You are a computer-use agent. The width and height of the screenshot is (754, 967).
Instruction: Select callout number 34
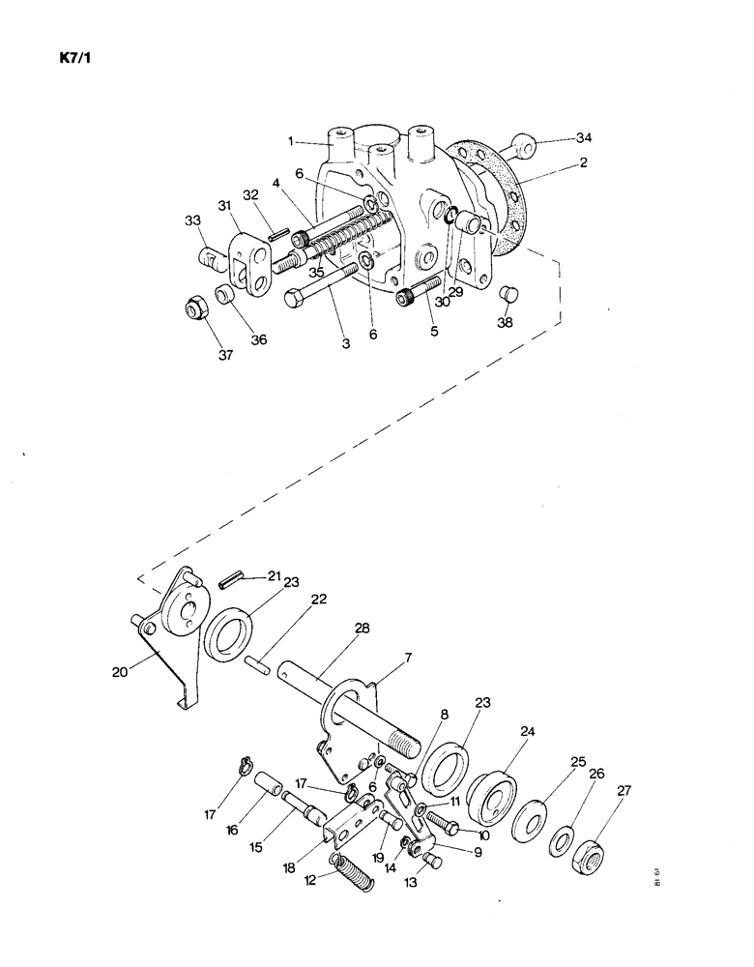pyautogui.click(x=583, y=138)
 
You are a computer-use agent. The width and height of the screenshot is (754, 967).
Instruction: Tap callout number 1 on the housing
pyautogui.click(x=289, y=141)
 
